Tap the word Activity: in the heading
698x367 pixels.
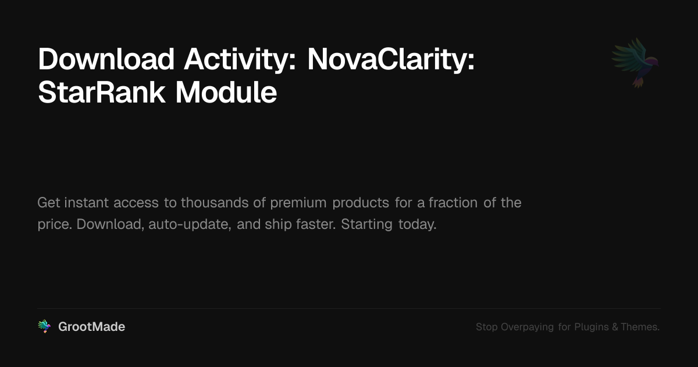240,59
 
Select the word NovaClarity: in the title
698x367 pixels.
391,59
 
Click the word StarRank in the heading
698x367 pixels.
102,93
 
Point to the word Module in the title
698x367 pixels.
226,93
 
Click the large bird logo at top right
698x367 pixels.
635,62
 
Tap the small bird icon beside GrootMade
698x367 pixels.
44,327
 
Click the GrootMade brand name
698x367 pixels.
91,327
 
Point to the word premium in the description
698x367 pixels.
298,203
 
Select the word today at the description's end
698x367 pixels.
417,224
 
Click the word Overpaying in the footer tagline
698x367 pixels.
527,327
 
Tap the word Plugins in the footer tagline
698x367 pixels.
591,327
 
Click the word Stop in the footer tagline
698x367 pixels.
487,327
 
